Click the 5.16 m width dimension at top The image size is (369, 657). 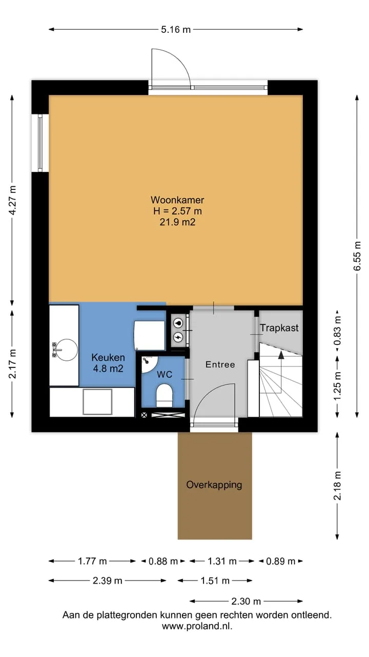click(176, 29)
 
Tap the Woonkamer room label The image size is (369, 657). click(177, 200)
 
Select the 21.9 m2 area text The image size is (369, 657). click(177, 222)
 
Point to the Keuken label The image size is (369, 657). click(108, 357)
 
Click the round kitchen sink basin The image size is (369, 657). click(67, 350)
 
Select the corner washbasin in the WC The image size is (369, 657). click(149, 364)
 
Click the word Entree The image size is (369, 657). click(220, 364)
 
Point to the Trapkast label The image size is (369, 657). click(279, 328)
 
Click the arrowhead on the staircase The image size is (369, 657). click(281, 355)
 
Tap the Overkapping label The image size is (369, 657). click(214, 485)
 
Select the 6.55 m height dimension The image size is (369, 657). click(357, 257)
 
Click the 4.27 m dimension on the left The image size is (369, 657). click(12, 200)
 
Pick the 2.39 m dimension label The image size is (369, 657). click(108, 586)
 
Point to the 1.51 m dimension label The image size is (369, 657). click(215, 586)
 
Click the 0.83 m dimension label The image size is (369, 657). click(337, 330)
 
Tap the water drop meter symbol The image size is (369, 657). click(178, 323)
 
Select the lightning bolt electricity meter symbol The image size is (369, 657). click(178, 337)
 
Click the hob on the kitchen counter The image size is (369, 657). click(97, 402)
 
